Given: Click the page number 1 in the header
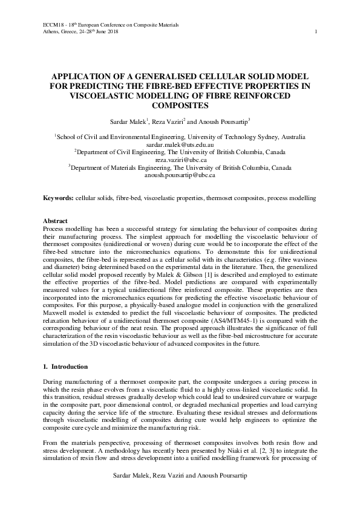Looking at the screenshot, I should pos(316,31).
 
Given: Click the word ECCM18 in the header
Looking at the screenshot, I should pos(53,24).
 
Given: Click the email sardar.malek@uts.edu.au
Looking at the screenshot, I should pos(180,146).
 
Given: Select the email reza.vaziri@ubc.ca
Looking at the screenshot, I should pos(180,161).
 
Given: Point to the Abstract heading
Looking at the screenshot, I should pos(56,221).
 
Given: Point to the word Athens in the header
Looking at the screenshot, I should pos(53,31).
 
